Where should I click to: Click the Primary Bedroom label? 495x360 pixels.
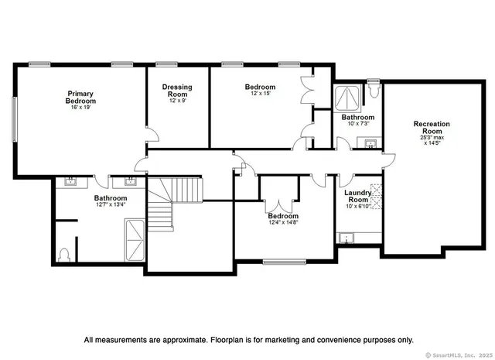click(x=80, y=97)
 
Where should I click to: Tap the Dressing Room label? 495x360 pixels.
click(x=177, y=91)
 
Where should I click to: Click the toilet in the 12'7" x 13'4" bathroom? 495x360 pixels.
click(x=65, y=253)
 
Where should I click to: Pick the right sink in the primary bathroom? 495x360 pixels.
click(x=129, y=183)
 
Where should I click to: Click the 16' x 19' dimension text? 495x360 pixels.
click(x=80, y=108)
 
